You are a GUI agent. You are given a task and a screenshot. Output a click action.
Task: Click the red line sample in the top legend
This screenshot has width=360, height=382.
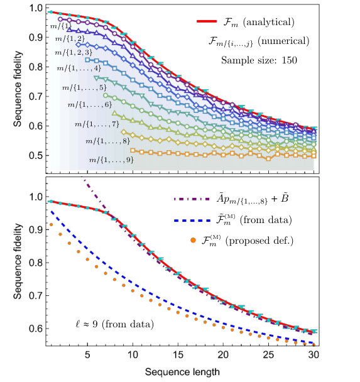(207, 21)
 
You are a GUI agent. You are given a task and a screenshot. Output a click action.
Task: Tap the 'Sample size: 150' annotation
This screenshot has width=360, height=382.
(259, 60)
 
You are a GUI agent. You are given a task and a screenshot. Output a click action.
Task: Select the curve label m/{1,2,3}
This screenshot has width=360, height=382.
(74, 52)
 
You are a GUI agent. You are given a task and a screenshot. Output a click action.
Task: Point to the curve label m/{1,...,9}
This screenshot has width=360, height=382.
(111, 160)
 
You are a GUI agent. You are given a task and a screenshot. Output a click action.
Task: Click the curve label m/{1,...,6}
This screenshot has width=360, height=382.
(90, 105)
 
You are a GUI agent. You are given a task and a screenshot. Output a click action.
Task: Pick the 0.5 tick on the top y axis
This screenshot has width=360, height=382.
(36, 155)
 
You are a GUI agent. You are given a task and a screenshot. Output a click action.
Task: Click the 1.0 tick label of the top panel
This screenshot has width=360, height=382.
(36, 8)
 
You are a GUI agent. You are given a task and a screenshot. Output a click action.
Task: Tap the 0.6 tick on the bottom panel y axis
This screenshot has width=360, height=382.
(36, 329)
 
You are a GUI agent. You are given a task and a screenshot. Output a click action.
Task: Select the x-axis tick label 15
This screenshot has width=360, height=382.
(178, 355)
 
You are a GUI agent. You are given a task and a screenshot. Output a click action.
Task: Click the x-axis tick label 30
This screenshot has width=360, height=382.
(314, 355)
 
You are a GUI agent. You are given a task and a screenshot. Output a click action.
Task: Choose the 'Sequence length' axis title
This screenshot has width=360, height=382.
(182, 372)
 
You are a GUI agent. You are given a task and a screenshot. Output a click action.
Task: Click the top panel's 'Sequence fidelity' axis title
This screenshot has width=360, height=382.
(18, 89)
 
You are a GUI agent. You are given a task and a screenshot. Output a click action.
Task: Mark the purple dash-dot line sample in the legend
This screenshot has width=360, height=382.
(192, 199)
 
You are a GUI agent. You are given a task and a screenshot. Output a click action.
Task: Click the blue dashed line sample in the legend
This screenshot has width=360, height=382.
(192, 221)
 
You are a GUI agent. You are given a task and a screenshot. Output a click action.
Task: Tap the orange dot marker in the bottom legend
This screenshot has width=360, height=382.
(193, 241)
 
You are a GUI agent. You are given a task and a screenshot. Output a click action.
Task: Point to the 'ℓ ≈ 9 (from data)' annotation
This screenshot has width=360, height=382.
(115, 324)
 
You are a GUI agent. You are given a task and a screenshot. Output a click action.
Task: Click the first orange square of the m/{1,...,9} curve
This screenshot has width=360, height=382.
(133, 150)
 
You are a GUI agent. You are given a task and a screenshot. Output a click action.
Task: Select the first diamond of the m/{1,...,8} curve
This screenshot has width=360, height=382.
(124, 132)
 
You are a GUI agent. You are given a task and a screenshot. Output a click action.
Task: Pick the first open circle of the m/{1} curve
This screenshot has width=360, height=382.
(60, 19)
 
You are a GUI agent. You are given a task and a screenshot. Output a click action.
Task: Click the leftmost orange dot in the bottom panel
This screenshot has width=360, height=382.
(51, 225)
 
